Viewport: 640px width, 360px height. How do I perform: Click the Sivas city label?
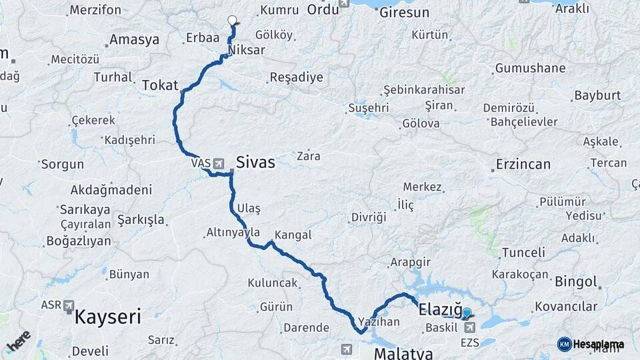click(x=255, y=162)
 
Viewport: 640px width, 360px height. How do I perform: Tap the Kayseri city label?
click(x=107, y=316)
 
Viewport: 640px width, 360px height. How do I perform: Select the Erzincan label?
click(x=523, y=164)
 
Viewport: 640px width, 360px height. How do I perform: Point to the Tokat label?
click(x=160, y=85)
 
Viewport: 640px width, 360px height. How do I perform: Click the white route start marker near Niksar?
click(x=232, y=20)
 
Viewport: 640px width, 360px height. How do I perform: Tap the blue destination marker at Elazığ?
click(x=467, y=313)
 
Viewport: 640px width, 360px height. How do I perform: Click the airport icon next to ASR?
click(x=69, y=305)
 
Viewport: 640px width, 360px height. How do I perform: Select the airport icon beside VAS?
click(x=219, y=163)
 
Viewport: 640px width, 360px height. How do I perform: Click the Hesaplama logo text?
click(x=599, y=344)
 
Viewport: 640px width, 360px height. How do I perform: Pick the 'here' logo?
click(x=19, y=341)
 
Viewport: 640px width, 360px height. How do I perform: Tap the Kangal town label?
click(x=293, y=235)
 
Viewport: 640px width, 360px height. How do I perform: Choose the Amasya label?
click(x=134, y=39)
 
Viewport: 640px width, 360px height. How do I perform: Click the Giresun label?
click(x=404, y=12)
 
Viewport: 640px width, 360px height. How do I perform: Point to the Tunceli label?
click(x=523, y=253)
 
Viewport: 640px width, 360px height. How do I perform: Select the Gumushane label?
click(x=530, y=68)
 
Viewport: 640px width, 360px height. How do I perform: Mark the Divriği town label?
click(x=369, y=217)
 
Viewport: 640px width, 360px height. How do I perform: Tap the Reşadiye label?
click(x=296, y=77)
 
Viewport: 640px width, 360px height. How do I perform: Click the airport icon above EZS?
click(x=471, y=327)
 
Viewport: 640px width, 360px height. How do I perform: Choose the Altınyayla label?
click(x=233, y=232)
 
